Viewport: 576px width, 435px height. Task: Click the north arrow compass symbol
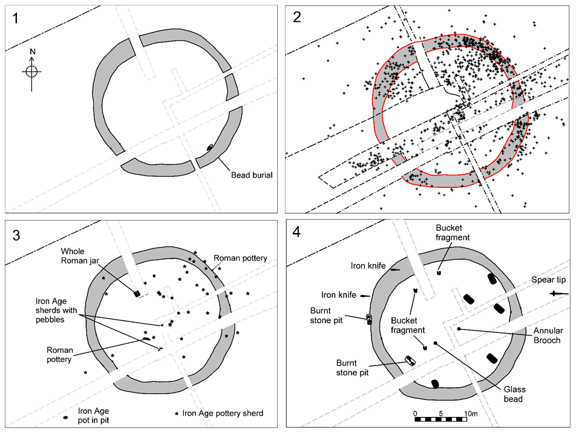pos(32,71)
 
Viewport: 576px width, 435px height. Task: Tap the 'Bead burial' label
pos(252,175)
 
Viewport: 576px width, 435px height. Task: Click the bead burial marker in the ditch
pos(210,147)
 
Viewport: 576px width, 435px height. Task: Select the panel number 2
pos(296,17)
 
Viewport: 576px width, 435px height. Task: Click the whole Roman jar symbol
pos(137,294)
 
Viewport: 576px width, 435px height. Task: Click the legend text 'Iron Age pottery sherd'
pos(223,413)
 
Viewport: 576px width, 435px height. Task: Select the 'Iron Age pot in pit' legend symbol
pos(65,417)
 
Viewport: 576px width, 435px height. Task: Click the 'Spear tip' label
pos(548,280)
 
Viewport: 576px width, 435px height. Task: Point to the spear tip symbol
pos(559,294)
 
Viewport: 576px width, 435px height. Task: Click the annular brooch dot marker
pos(459,329)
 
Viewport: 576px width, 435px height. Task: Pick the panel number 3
pos(17,235)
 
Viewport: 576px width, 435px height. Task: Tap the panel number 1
pos(16,17)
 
